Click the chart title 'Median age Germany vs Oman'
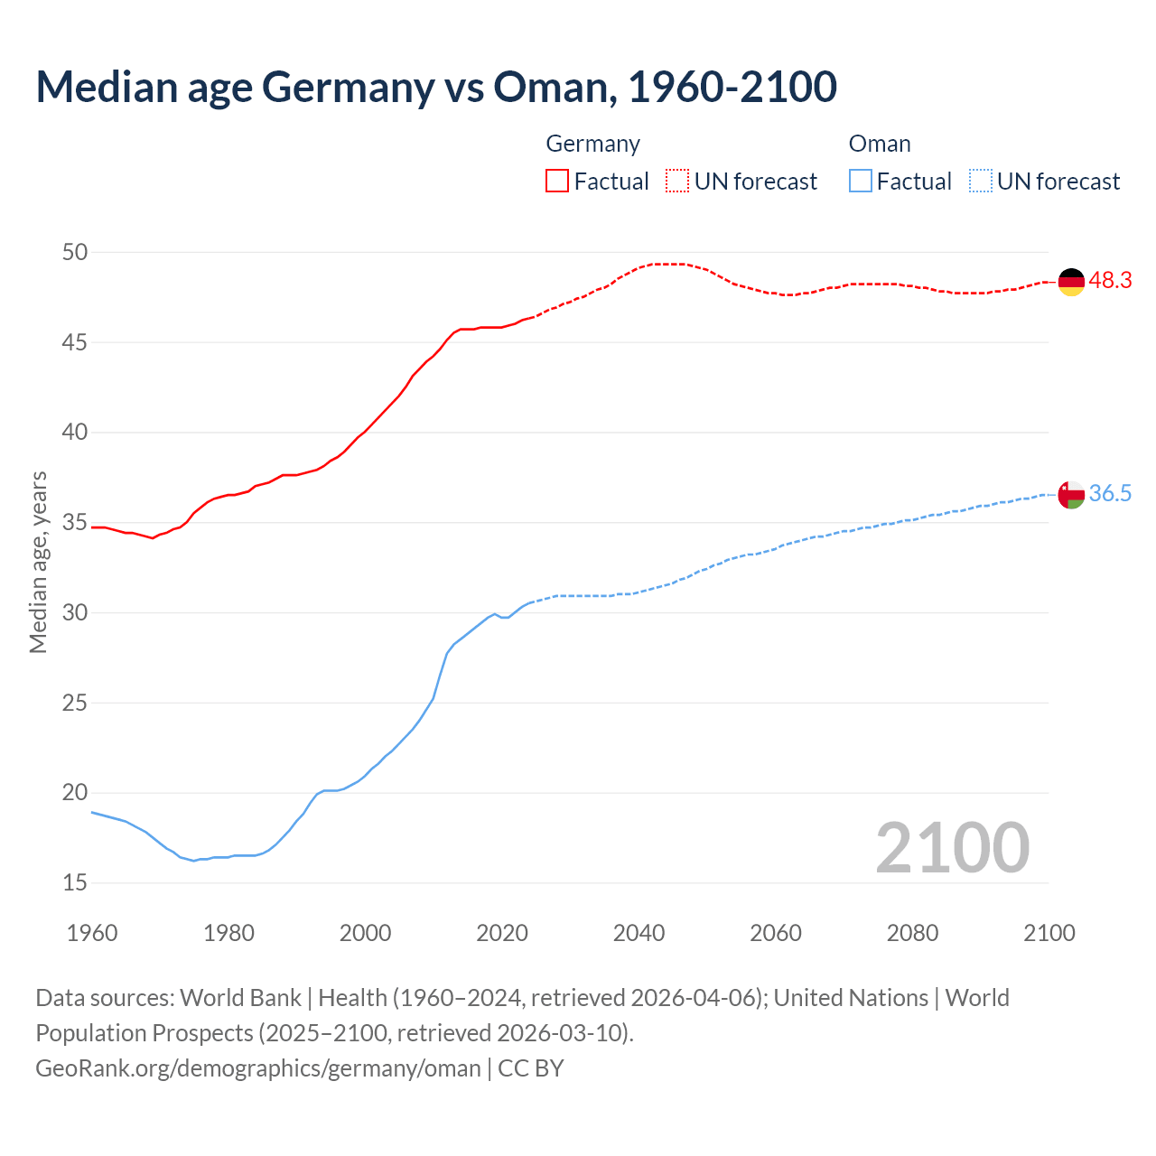click(436, 87)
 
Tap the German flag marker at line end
click(1071, 282)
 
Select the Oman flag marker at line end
click(1071, 495)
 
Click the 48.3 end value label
click(1110, 281)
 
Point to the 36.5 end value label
click(1110, 494)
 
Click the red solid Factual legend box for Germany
click(557, 181)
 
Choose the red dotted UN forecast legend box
click(677, 181)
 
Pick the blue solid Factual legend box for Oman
click(860, 181)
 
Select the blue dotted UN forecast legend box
click(980, 181)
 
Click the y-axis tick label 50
click(75, 253)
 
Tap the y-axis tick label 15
click(75, 882)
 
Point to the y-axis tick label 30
click(75, 612)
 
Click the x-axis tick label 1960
click(92, 933)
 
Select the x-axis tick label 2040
click(639, 933)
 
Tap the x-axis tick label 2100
click(1049, 933)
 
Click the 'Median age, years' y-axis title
click(38, 562)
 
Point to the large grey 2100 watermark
click(952, 847)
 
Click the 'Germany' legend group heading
click(592, 144)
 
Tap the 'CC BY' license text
click(531, 1068)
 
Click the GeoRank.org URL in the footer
click(258, 1068)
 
